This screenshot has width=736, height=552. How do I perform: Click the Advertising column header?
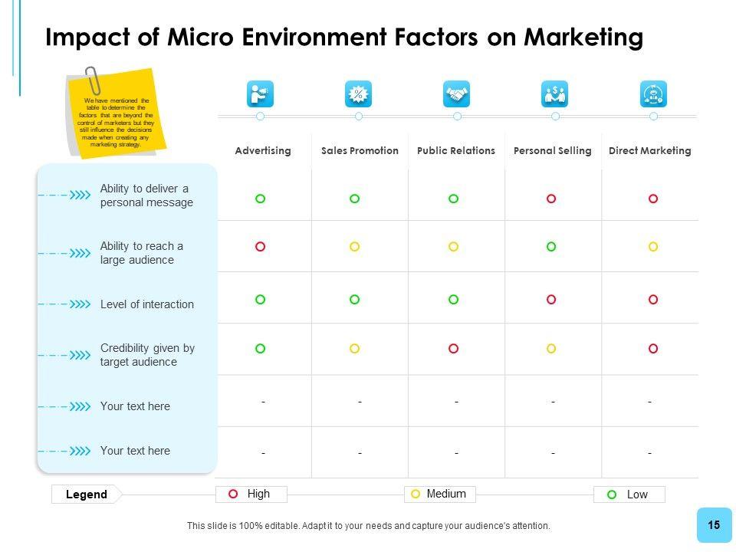[x=263, y=151]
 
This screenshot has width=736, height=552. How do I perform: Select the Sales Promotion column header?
[x=360, y=151]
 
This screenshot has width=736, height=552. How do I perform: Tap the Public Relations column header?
[x=456, y=151]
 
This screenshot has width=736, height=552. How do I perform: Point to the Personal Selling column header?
[x=552, y=151]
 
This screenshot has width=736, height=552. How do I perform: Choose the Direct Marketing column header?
[x=649, y=151]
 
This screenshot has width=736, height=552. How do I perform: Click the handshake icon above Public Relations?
[x=456, y=94]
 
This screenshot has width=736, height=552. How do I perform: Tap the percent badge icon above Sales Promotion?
[x=358, y=94]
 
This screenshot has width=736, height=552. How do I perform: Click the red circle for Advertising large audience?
[x=260, y=247]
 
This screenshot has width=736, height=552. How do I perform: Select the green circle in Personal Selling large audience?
[x=551, y=247]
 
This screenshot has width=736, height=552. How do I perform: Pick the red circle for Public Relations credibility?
[x=453, y=349]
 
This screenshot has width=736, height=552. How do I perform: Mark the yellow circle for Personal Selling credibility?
[x=551, y=349]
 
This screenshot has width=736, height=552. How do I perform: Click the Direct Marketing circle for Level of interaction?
[x=653, y=300]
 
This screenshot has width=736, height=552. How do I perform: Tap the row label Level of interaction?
[x=147, y=304]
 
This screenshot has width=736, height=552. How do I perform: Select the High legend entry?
[x=251, y=495]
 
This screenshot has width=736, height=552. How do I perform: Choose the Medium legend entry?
[x=439, y=495]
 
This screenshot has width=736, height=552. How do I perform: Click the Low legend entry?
[x=629, y=495]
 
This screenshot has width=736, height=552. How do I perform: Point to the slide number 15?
[x=714, y=525]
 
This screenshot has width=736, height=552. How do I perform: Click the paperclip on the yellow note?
[x=94, y=79]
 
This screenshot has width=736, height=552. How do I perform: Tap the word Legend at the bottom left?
[x=87, y=495]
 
